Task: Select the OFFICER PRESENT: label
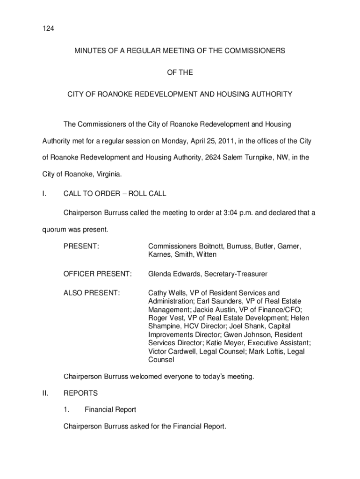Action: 97,274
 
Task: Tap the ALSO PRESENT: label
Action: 92,293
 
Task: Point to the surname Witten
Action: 206,254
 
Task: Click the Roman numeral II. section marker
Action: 45,393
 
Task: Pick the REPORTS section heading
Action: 80,393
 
